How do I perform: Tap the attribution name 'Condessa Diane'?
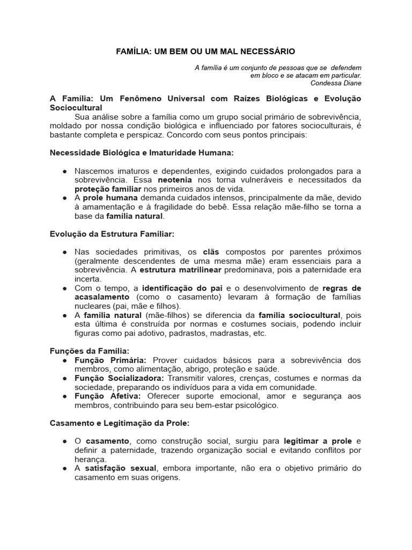[x=335, y=83]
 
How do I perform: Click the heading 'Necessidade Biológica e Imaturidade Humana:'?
[x=142, y=153]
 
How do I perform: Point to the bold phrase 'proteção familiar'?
[x=108, y=189]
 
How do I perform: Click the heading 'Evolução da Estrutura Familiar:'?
[x=112, y=234]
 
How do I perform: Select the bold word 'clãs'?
[x=210, y=252]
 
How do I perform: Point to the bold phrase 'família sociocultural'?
[x=299, y=315]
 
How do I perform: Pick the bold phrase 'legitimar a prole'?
[x=318, y=441]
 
